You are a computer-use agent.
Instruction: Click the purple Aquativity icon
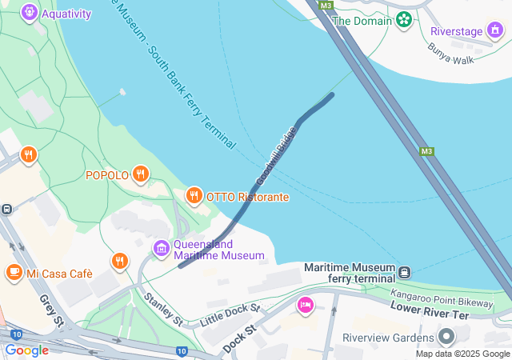pos(30,13)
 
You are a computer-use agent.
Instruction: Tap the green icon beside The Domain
pos(404,19)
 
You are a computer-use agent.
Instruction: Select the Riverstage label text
pos(457,31)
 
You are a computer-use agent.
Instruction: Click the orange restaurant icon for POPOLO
pos(141,174)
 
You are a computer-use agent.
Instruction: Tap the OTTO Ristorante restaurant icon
pos(194,195)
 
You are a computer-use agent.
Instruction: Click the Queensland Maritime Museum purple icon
pos(161,249)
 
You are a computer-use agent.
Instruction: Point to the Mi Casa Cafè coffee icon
pos(14,273)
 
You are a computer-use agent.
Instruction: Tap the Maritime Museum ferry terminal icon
pos(406,272)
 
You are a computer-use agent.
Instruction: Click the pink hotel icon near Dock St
pos(305,305)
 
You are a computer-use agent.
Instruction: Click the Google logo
pos(26,350)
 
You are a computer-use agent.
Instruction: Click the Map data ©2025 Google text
pos(462,354)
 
